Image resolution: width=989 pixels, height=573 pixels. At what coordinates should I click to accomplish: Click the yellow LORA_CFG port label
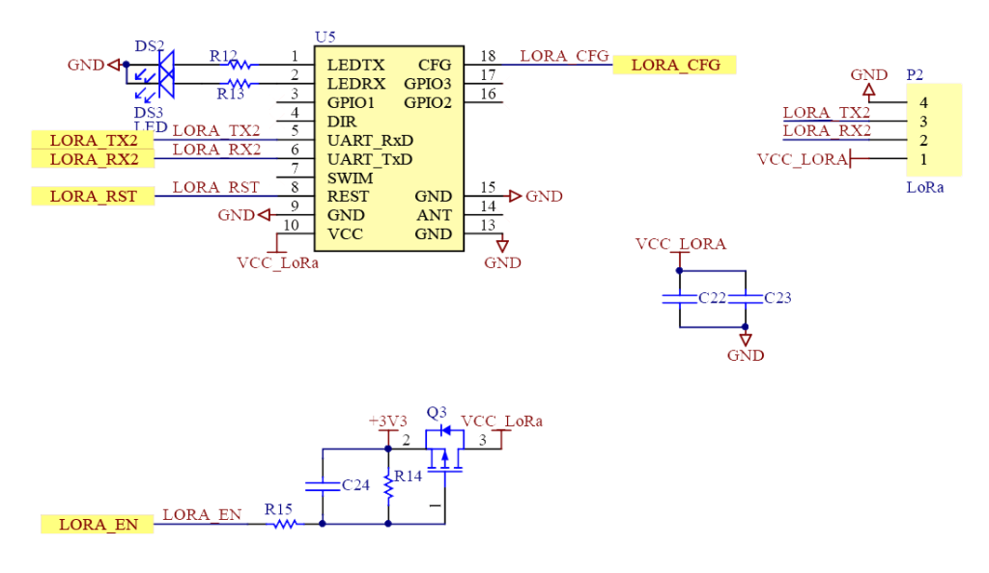tap(674, 66)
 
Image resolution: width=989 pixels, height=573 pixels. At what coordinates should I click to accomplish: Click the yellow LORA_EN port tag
tap(98, 525)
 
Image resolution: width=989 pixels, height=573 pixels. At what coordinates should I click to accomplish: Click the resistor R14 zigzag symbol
tap(388, 487)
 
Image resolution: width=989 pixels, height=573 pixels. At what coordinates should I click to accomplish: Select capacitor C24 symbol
tap(322, 485)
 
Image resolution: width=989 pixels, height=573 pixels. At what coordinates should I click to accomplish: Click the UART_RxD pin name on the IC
tap(370, 141)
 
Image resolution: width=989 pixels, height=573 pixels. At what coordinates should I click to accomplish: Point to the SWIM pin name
tap(349, 178)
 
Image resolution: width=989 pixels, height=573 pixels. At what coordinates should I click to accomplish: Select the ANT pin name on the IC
tap(434, 215)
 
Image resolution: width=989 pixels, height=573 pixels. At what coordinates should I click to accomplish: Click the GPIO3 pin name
tap(427, 84)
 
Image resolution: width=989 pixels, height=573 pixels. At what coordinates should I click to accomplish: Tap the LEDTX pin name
tap(356, 66)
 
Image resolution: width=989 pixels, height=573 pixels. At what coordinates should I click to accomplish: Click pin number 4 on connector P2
tap(924, 102)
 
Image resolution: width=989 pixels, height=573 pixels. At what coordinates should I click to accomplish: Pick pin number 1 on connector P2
tap(924, 159)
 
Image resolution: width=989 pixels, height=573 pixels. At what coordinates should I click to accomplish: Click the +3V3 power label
tap(388, 422)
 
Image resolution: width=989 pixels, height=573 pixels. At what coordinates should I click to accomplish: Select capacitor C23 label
tap(777, 299)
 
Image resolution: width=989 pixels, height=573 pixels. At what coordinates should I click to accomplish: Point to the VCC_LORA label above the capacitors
tap(681, 245)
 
